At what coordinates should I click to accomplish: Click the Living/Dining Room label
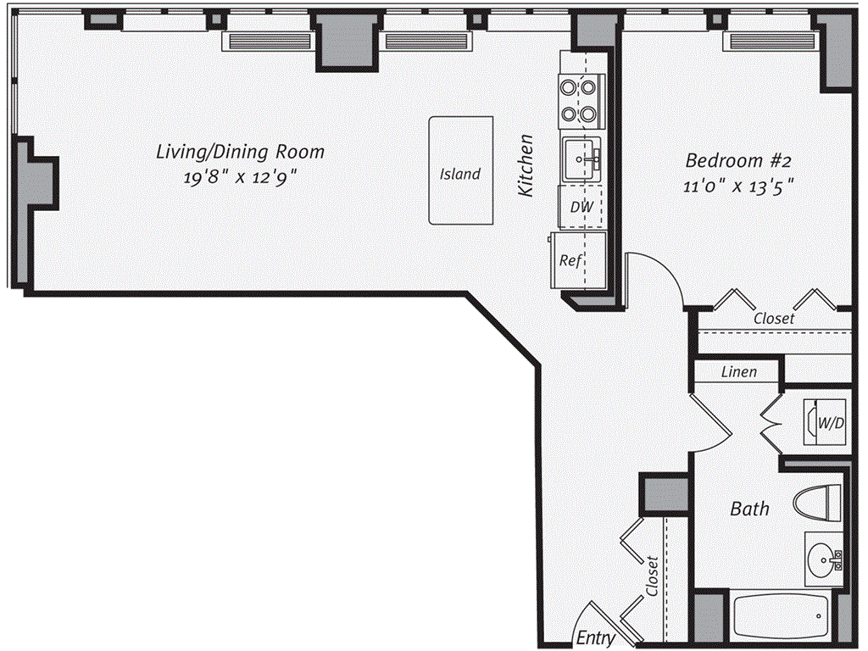point(240,152)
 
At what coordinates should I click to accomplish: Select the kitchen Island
point(460,170)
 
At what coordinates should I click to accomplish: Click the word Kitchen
point(526,166)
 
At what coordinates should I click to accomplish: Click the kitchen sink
point(581,158)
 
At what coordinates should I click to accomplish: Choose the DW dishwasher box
point(581,207)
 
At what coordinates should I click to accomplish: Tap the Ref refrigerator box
point(570,261)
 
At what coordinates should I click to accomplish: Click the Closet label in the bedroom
point(774,319)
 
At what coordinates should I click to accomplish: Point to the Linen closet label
point(738,372)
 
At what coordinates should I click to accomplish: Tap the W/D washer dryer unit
point(826,421)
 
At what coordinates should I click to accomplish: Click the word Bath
point(750,509)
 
